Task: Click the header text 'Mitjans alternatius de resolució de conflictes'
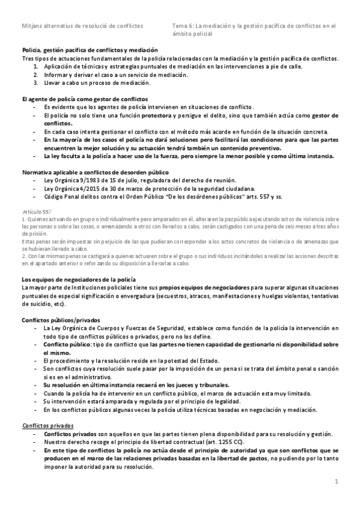82,26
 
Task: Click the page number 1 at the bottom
337,481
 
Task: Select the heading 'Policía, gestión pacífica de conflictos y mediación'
90,51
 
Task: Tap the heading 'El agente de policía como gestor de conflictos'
85,98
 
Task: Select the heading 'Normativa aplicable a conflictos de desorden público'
95,172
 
